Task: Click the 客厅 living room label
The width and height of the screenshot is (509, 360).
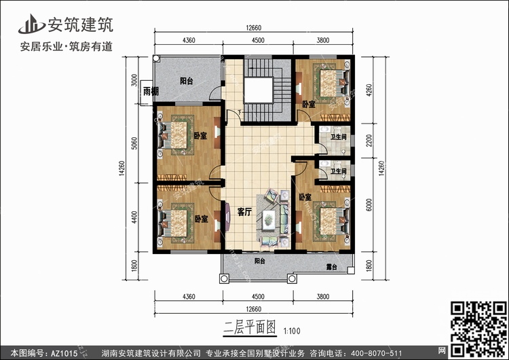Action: (244, 212)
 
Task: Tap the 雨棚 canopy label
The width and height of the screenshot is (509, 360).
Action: (151, 91)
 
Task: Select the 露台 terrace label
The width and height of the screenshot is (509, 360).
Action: (331, 268)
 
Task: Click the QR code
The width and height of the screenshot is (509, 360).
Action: (478, 329)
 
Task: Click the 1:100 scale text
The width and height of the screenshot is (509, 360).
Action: (292, 331)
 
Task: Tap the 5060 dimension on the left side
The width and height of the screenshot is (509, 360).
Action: (134, 143)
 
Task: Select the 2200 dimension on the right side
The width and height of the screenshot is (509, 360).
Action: (369, 141)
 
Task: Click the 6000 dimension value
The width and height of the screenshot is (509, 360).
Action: (369, 205)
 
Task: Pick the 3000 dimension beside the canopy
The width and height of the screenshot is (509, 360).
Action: (134, 80)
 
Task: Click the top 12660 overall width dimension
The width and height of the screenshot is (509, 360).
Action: (253, 28)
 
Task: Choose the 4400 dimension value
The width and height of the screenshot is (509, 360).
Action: (134, 217)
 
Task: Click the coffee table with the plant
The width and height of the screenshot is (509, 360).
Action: (269, 220)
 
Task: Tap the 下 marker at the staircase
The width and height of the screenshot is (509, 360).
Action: (240, 112)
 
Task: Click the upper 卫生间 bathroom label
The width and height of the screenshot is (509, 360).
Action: (338, 137)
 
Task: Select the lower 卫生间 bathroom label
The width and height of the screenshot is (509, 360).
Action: (338, 171)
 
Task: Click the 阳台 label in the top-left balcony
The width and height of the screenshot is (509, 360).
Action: (187, 81)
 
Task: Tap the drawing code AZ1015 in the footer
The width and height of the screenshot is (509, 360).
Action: (64, 353)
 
